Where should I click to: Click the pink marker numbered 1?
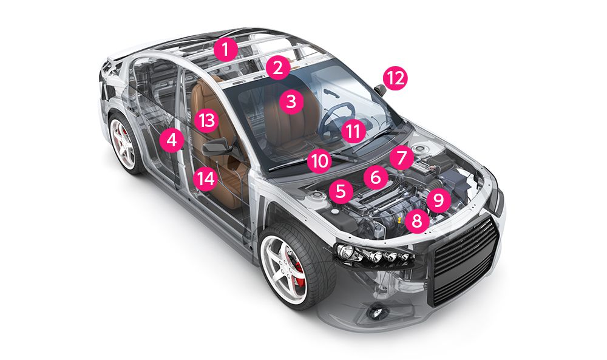click(x=225, y=49)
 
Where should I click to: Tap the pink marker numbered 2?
click(x=278, y=68)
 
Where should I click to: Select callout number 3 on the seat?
click(x=291, y=101)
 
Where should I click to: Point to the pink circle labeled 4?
click(x=172, y=140)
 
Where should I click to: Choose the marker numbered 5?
click(x=341, y=191)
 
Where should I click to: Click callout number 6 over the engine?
click(x=376, y=177)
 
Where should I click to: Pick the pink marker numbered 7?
click(x=401, y=158)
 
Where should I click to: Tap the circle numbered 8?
click(x=416, y=221)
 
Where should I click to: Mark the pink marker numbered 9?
click(x=438, y=200)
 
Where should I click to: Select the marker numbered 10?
click(x=320, y=161)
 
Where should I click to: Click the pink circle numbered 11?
click(x=353, y=131)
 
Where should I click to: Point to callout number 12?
click(x=396, y=78)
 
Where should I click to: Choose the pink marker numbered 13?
click(x=206, y=120)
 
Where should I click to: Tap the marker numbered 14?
click(x=206, y=178)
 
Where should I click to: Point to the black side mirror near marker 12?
click(x=380, y=90)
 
